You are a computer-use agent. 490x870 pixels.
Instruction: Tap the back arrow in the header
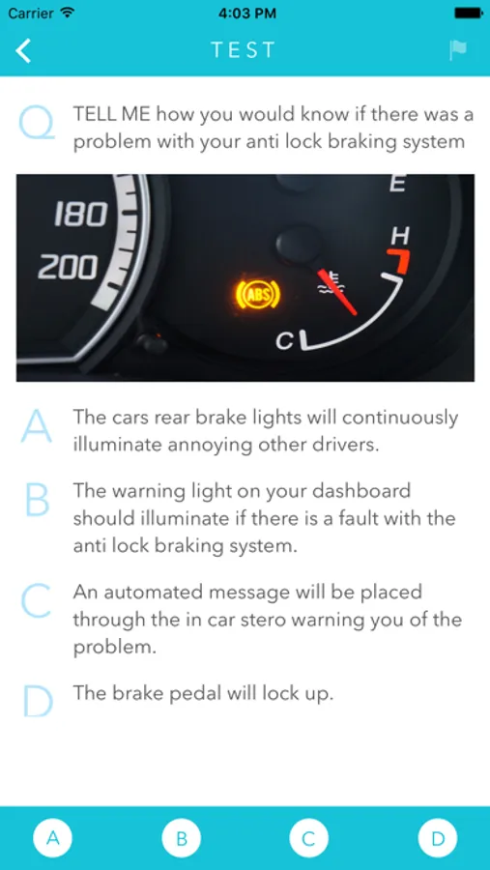click(23, 50)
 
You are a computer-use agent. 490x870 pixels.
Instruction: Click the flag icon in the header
click(458, 50)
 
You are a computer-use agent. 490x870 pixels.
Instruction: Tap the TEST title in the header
click(243, 50)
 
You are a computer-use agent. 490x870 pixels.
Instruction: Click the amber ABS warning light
click(257, 293)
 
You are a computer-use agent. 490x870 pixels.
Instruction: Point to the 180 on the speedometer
click(80, 215)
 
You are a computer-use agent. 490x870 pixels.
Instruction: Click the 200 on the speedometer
click(68, 269)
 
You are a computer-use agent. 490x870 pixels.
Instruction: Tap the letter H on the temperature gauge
click(399, 236)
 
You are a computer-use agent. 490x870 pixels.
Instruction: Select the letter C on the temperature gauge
click(285, 341)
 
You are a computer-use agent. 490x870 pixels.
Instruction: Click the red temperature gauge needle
click(337, 292)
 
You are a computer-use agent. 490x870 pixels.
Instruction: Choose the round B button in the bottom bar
click(181, 838)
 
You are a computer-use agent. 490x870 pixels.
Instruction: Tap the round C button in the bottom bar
click(309, 838)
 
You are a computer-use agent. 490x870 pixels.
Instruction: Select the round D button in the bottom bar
click(438, 838)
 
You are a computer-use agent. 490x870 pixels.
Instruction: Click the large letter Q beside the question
click(37, 123)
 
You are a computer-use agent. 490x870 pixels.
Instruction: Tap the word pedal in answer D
click(205, 694)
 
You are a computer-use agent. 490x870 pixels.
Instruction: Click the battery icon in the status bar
click(469, 14)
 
